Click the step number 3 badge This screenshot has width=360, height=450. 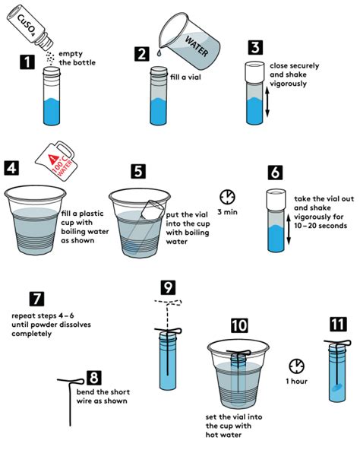pyautogui.click(x=254, y=46)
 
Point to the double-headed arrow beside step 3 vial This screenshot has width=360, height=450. pyautogui.click(x=267, y=103)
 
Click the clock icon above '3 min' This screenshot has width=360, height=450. pyautogui.click(x=228, y=194)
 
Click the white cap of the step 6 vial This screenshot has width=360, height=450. pyautogui.click(x=277, y=200)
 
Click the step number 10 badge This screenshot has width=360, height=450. pyautogui.click(x=239, y=325)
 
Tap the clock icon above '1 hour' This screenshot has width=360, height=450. pyautogui.click(x=298, y=363)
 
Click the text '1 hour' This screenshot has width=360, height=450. pyautogui.click(x=298, y=381)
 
